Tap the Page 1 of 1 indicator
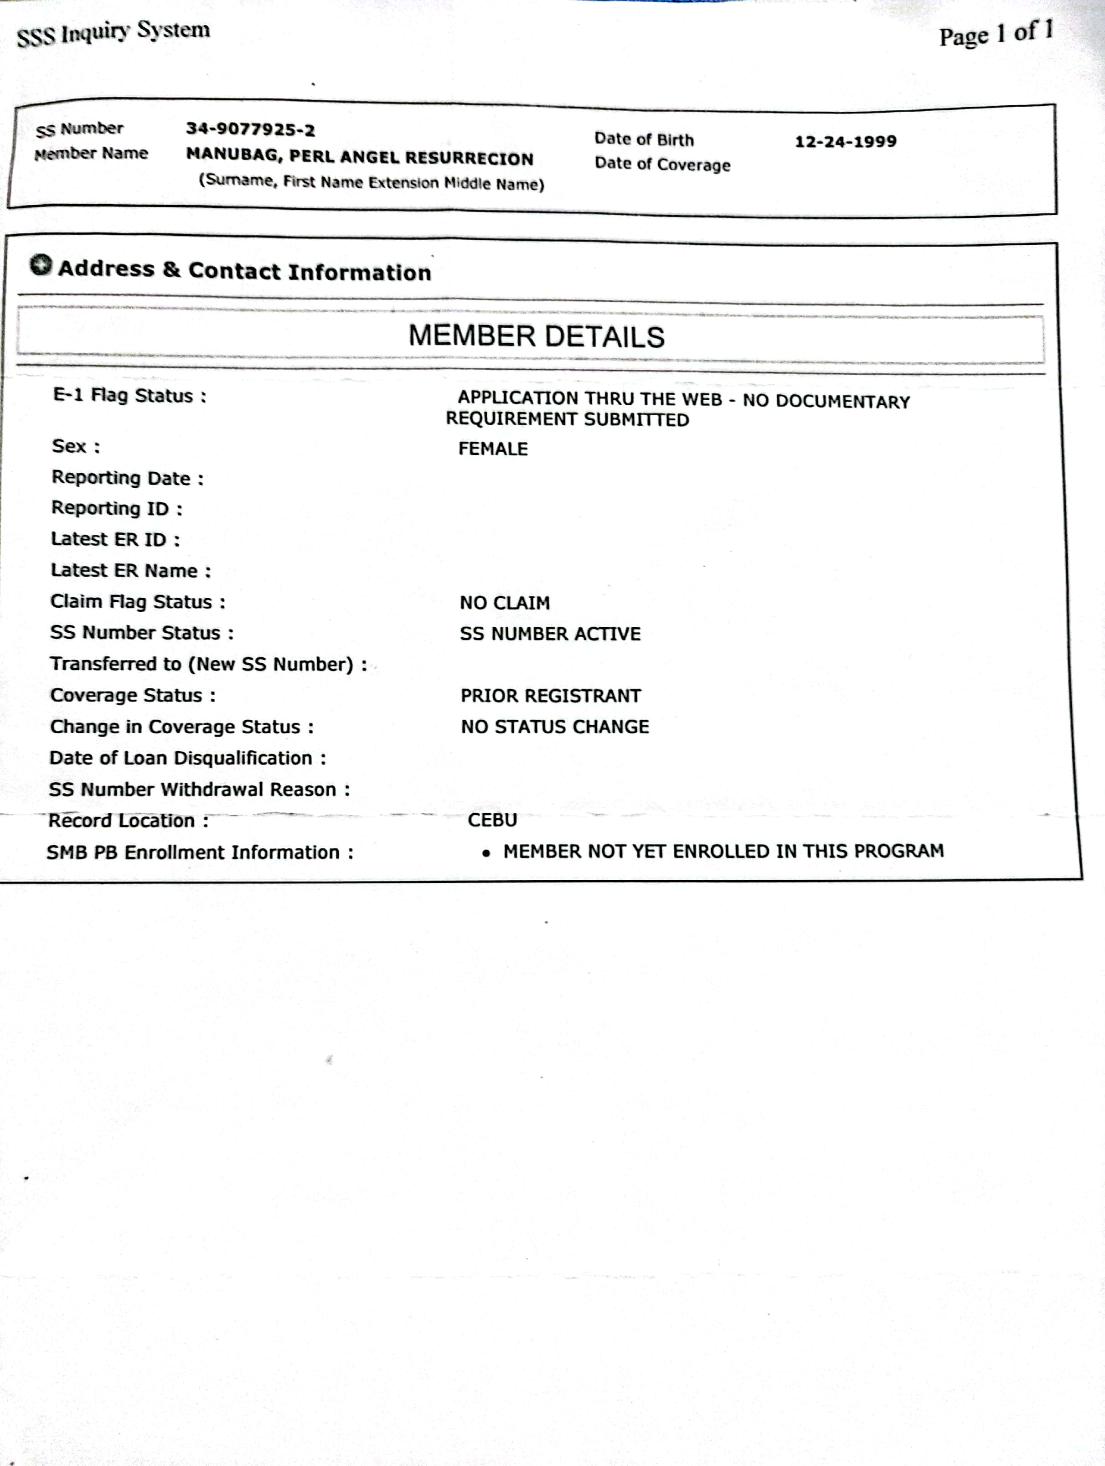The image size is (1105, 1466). point(995,34)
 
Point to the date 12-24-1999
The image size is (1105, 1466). point(845,141)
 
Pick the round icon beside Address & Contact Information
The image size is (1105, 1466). point(41,265)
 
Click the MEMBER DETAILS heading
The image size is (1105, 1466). point(536,336)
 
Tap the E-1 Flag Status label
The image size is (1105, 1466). point(129,396)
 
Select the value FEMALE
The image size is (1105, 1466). point(493,449)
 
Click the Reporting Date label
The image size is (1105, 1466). point(127,478)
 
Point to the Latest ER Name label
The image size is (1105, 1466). point(130,571)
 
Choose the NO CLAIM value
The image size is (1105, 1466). point(505,603)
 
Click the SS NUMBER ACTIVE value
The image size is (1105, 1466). point(550,634)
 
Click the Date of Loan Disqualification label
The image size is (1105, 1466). point(188,758)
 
